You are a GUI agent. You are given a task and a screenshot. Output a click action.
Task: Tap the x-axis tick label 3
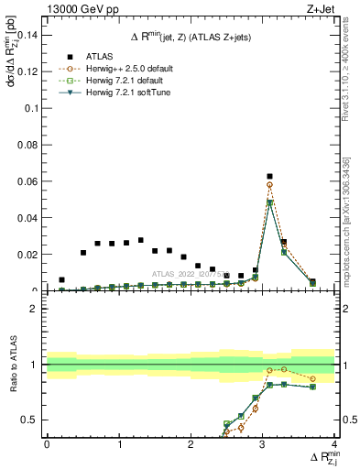click(263, 444)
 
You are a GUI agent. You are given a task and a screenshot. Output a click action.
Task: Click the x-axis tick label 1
click(119, 444)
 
